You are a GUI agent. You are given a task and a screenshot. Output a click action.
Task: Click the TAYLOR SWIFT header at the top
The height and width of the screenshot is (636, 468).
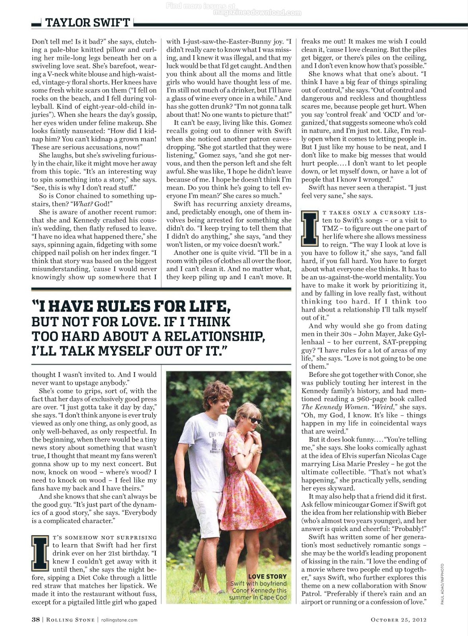(x=87, y=23)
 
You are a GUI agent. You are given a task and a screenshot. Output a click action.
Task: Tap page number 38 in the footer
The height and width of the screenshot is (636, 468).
(x=35, y=619)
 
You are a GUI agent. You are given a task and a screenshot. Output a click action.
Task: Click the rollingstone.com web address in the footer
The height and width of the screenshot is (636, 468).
(x=119, y=620)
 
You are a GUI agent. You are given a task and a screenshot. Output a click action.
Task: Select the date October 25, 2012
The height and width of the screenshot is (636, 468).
(x=398, y=619)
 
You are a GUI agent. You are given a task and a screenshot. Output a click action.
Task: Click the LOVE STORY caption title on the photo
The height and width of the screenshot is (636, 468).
(x=267, y=576)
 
